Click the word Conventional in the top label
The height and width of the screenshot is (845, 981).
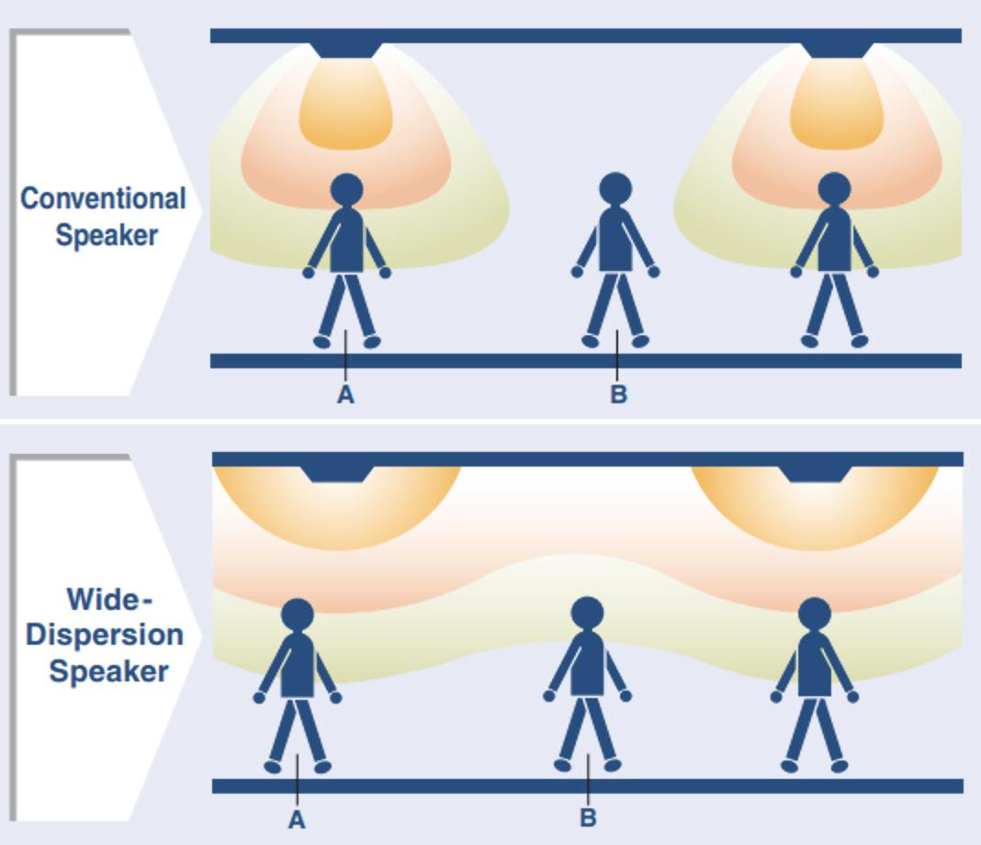click(x=103, y=198)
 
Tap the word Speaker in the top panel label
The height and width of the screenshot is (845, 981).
click(x=107, y=234)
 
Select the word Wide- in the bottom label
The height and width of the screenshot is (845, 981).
click(x=108, y=600)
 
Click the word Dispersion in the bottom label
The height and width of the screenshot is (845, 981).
click(x=105, y=635)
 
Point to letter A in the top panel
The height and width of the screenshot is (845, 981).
click(x=345, y=395)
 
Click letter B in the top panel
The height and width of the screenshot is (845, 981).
click(x=618, y=395)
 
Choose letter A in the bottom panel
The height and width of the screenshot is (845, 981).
click(x=297, y=819)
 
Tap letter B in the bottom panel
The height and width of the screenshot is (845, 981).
click(x=588, y=817)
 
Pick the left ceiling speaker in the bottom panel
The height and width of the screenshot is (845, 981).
click(x=337, y=473)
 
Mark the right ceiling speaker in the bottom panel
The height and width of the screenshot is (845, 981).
click(x=815, y=473)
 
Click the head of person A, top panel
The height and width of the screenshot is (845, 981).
click(x=346, y=190)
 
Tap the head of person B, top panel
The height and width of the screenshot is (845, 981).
click(x=615, y=188)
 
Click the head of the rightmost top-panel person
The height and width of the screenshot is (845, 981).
click(x=833, y=189)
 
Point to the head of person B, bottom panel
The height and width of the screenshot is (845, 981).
click(x=587, y=613)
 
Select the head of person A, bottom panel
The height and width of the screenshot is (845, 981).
click(x=297, y=614)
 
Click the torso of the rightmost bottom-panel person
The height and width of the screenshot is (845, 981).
click(x=815, y=664)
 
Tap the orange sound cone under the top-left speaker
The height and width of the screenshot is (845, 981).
click(x=345, y=106)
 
